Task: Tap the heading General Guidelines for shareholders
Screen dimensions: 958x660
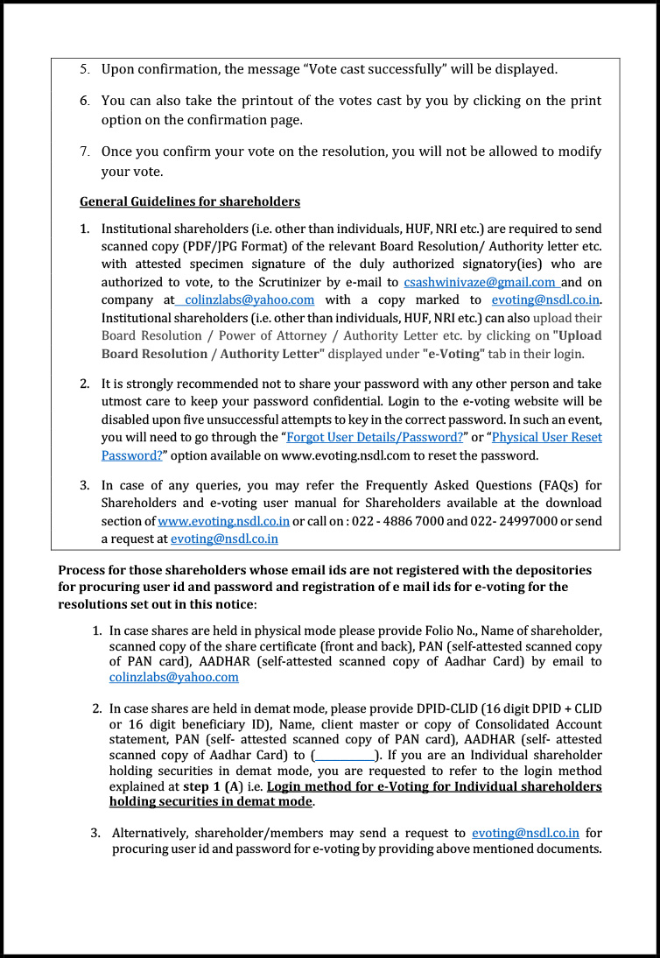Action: pos(190,201)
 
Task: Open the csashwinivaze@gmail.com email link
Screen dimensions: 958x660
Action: pos(481,282)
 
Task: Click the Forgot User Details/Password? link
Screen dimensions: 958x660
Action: pos(375,437)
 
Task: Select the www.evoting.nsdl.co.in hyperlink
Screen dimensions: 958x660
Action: pos(223,521)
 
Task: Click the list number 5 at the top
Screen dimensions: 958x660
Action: pos(85,68)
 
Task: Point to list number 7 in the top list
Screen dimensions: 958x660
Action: pos(85,151)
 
